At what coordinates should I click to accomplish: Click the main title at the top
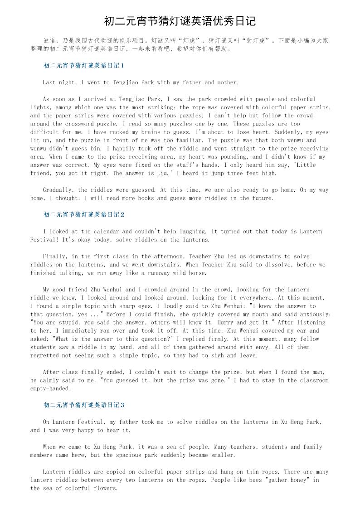click(x=180, y=21)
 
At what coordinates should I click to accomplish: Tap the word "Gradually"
click(x=58, y=190)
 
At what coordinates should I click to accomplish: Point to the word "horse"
click(x=197, y=273)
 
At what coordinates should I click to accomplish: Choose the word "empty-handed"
click(x=50, y=388)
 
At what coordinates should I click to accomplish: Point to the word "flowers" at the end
click(x=105, y=488)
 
